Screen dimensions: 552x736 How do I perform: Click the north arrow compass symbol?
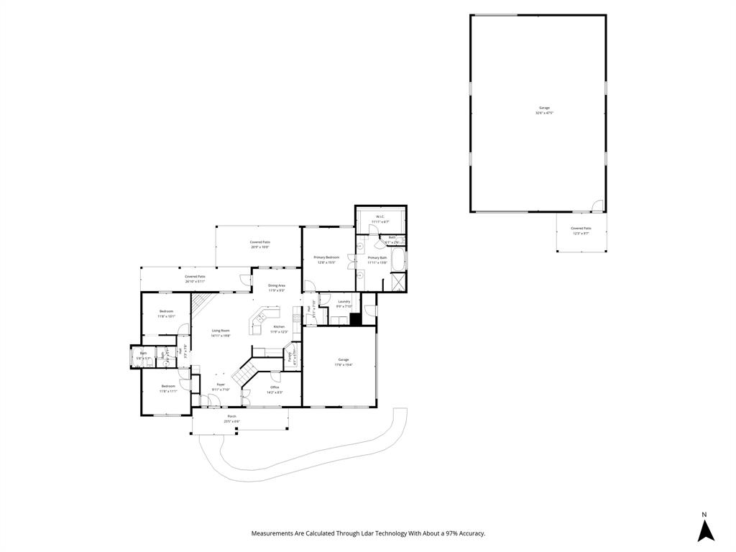pyautogui.click(x=706, y=530)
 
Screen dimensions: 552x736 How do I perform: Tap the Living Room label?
pyautogui.click(x=221, y=330)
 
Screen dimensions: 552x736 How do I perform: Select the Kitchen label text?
pyautogui.click(x=279, y=326)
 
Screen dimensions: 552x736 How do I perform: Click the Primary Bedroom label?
pyautogui.click(x=326, y=257)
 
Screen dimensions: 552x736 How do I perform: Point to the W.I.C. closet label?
pyautogui.click(x=380, y=216)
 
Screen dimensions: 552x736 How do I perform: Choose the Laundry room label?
pyautogui.click(x=344, y=301)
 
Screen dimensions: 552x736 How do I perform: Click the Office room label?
pyautogui.click(x=275, y=387)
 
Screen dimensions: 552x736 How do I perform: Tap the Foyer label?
pyautogui.click(x=221, y=385)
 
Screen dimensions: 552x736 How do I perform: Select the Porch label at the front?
pyautogui.click(x=231, y=416)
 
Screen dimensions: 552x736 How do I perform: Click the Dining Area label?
pyautogui.click(x=277, y=285)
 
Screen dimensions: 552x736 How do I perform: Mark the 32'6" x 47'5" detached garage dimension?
pyautogui.click(x=544, y=113)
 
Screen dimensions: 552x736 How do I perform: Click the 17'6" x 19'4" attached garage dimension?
pyautogui.click(x=344, y=364)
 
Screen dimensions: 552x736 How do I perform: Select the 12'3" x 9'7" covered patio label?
pyautogui.click(x=581, y=234)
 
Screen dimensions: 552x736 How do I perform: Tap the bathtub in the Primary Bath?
pyautogui.click(x=399, y=261)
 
